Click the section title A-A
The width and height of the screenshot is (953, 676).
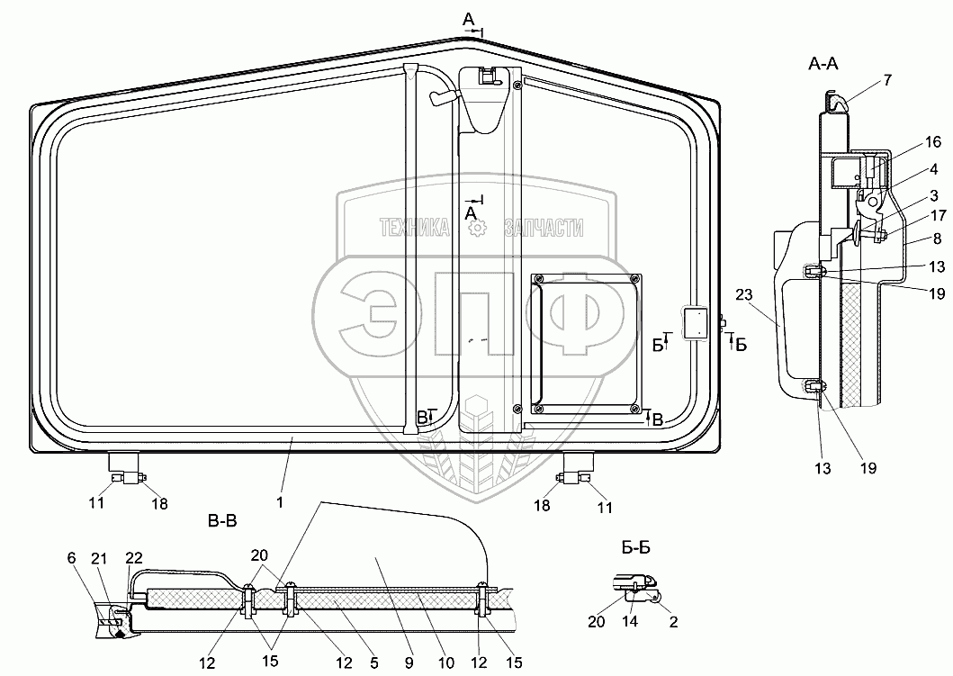(823, 63)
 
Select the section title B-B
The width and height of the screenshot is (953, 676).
(222, 521)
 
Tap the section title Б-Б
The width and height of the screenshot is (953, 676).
(636, 547)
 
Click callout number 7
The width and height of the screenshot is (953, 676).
(887, 79)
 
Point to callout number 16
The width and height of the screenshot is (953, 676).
(932, 142)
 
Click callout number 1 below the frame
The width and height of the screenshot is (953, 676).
(280, 503)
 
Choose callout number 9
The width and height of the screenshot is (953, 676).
(409, 662)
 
